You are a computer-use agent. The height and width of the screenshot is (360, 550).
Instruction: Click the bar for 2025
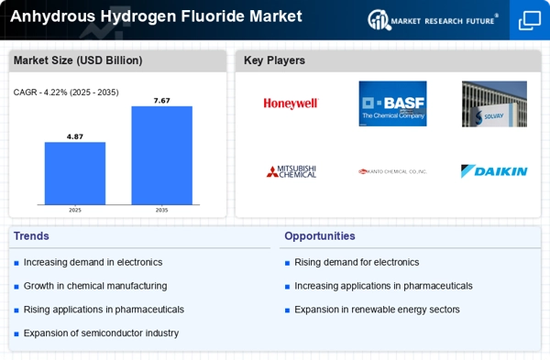[75, 173]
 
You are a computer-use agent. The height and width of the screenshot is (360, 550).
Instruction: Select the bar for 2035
[161, 155]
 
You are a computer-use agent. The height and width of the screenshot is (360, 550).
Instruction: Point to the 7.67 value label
[161, 100]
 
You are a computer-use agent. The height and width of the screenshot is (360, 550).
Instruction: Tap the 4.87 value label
[75, 136]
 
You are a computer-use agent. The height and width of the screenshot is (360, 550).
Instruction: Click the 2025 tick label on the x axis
[75, 210]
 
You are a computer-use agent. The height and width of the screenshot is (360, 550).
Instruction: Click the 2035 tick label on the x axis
[161, 210]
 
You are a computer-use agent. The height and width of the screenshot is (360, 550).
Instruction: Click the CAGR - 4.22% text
[66, 92]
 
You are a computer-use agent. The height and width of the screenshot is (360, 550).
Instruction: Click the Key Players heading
[274, 60]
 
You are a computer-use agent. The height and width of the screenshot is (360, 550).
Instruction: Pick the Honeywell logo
[291, 104]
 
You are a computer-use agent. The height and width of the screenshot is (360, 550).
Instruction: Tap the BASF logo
[392, 104]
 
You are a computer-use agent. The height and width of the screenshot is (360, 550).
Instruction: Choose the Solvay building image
[494, 104]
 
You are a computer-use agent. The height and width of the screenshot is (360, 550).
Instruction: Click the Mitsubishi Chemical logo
[291, 171]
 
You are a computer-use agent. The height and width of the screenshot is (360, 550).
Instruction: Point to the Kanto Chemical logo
[392, 171]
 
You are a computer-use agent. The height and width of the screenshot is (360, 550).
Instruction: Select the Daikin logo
[494, 171]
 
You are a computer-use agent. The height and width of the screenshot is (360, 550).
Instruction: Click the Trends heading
[32, 235]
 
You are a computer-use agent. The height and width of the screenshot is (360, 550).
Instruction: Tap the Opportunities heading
[320, 235]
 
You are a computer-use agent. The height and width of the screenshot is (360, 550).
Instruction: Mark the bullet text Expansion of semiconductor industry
[101, 333]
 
